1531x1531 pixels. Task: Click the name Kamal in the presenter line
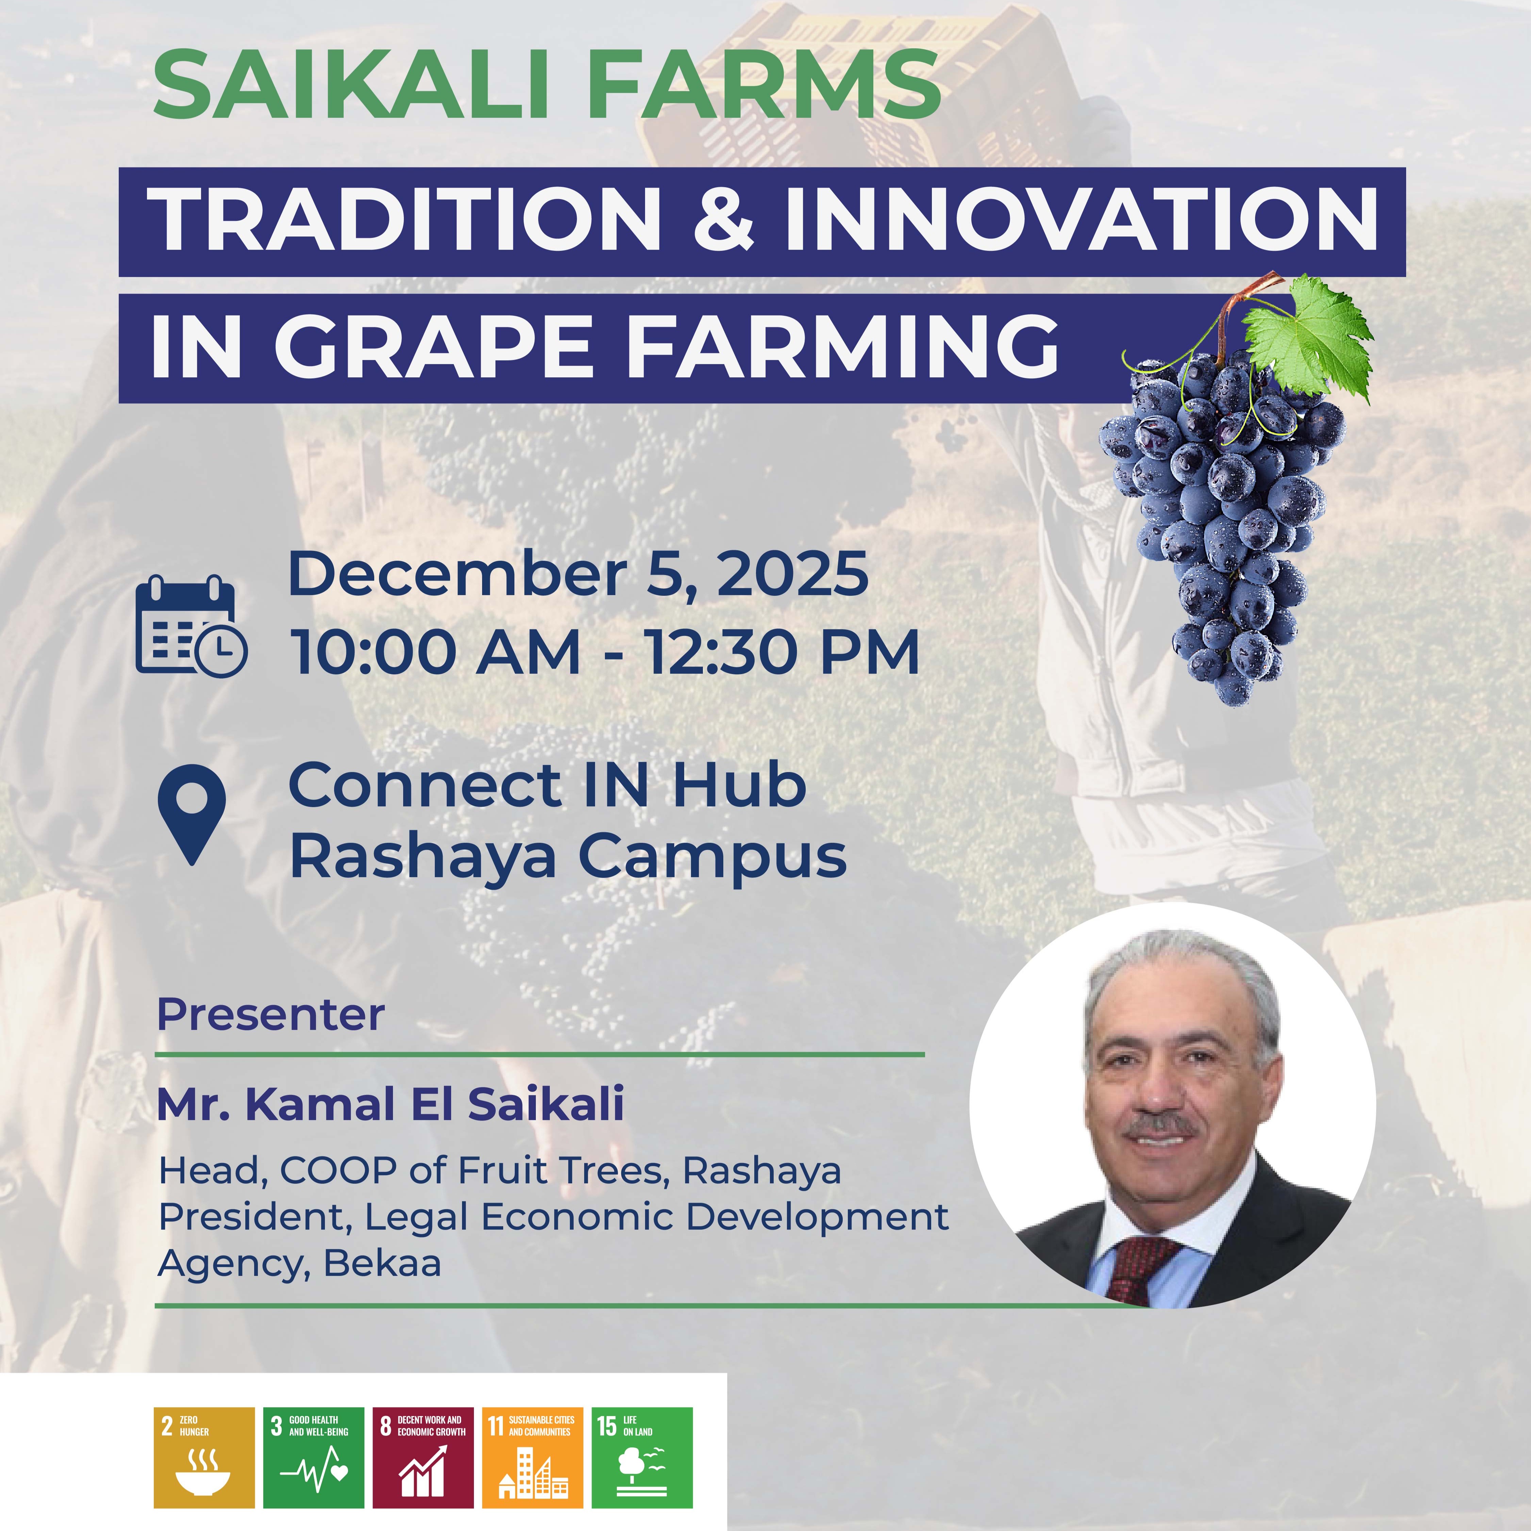pos(324,1104)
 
